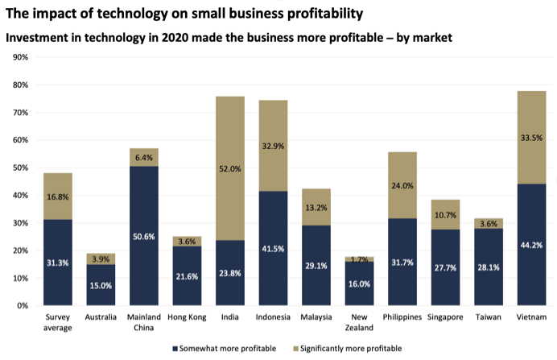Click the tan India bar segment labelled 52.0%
click(x=229, y=168)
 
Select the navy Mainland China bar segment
click(x=143, y=236)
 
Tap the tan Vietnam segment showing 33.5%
click(x=532, y=138)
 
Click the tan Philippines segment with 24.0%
click(x=402, y=185)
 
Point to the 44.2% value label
click(x=532, y=245)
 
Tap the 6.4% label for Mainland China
click(x=143, y=158)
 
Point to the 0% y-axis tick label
click(x=22, y=305)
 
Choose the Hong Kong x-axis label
click(x=186, y=317)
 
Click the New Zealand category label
click(x=359, y=322)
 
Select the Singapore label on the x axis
click(x=445, y=317)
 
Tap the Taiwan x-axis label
click(x=489, y=317)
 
